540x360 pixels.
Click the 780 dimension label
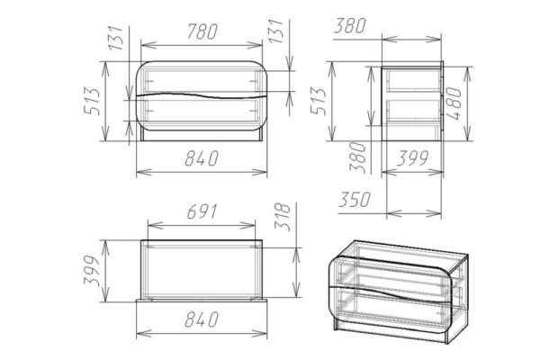click(x=202, y=31)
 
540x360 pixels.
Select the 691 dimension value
click(x=202, y=211)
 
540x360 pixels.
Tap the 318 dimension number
click(x=283, y=216)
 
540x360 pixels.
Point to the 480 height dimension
click(x=454, y=103)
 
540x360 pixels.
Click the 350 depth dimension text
click(x=355, y=200)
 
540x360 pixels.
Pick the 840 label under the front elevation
click(x=202, y=158)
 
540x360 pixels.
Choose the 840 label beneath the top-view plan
click(x=202, y=319)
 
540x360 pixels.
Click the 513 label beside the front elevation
click(x=92, y=102)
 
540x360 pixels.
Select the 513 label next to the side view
click(x=318, y=101)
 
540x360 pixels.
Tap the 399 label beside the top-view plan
click(x=92, y=271)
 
